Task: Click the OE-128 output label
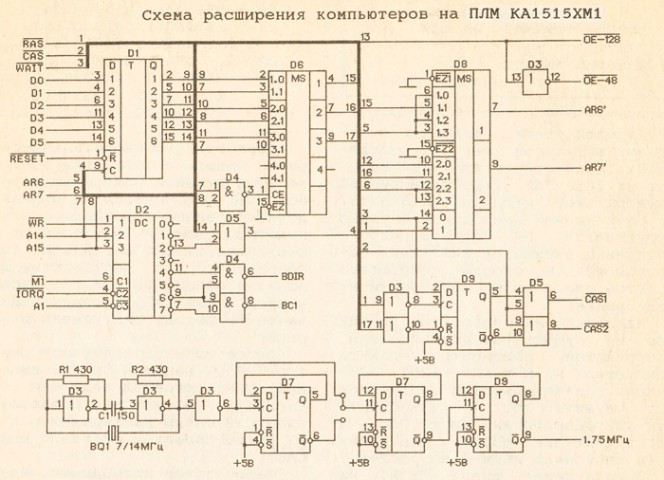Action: [x=602, y=40]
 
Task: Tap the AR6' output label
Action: [x=599, y=111]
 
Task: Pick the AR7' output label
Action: [x=599, y=168]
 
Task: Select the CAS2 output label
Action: [x=597, y=328]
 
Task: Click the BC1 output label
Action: [x=289, y=305]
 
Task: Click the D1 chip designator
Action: [x=133, y=53]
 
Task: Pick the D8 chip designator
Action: [x=461, y=64]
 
